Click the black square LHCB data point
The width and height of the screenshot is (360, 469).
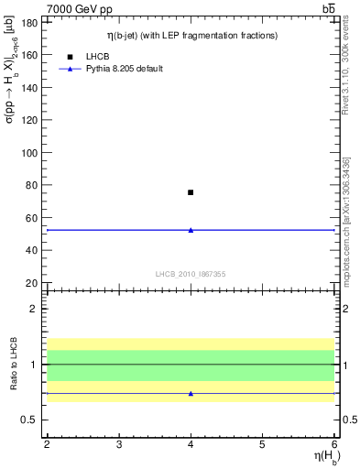coord(191,192)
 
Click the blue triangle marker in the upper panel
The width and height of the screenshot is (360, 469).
coord(191,230)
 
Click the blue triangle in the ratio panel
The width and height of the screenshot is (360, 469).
coord(191,393)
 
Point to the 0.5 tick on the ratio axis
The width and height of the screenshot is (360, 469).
coord(31,420)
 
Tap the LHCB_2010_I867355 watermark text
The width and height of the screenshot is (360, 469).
coord(191,274)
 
